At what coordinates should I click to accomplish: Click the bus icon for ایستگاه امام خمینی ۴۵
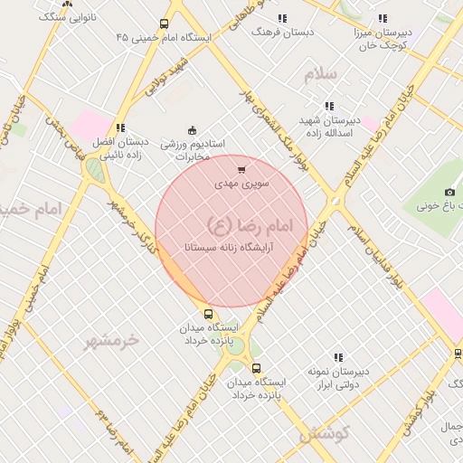point(164,24)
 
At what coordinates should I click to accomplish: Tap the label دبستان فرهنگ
point(282,31)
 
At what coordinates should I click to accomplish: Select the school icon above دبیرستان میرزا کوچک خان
point(382,18)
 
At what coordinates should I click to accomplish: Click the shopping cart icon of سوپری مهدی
point(241,169)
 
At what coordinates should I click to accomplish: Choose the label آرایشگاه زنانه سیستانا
point(231,246)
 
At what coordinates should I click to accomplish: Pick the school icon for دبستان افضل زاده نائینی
point(119,128)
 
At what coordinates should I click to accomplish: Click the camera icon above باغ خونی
point(449,192)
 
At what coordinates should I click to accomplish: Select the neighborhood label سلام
point(320,74)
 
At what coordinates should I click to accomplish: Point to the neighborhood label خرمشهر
point(113,341)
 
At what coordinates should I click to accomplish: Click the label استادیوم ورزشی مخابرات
point(192,150)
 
